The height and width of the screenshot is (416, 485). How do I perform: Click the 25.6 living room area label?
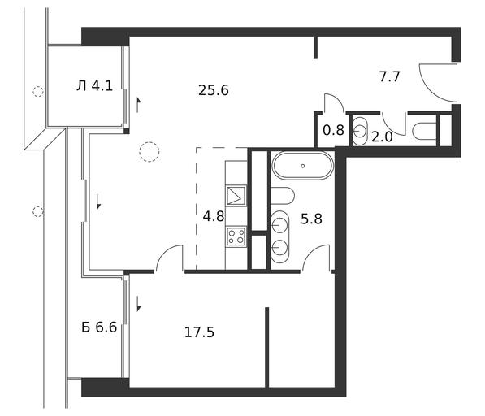coord(214,90)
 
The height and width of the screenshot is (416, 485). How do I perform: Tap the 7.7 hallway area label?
coord(390,76)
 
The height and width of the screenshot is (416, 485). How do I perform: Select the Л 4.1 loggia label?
coord(95,85)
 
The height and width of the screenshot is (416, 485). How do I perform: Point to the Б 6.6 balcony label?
coord(99,327)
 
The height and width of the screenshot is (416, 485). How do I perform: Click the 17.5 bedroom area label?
coord(199,332)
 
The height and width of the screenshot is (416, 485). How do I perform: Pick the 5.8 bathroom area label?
coord(311,219)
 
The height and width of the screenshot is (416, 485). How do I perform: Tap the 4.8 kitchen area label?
coord(214,216)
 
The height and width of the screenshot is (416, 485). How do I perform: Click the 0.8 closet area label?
coord(333,130)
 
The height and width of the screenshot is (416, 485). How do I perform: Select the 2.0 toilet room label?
coord(382,136)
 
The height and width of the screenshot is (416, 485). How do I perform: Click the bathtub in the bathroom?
coord(303,166)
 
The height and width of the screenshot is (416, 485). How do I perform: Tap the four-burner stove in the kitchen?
coord(236,236)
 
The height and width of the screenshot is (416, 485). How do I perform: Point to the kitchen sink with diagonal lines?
coord(236,196)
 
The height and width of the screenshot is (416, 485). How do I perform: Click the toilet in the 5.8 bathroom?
coord(282,196)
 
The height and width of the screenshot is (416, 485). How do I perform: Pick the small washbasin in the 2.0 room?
coord(360,131)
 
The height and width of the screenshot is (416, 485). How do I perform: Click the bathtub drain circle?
coord(303,166)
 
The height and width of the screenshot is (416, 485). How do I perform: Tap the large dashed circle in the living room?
coord(149,152)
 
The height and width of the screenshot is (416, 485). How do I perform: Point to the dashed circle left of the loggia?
coord(38,92)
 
